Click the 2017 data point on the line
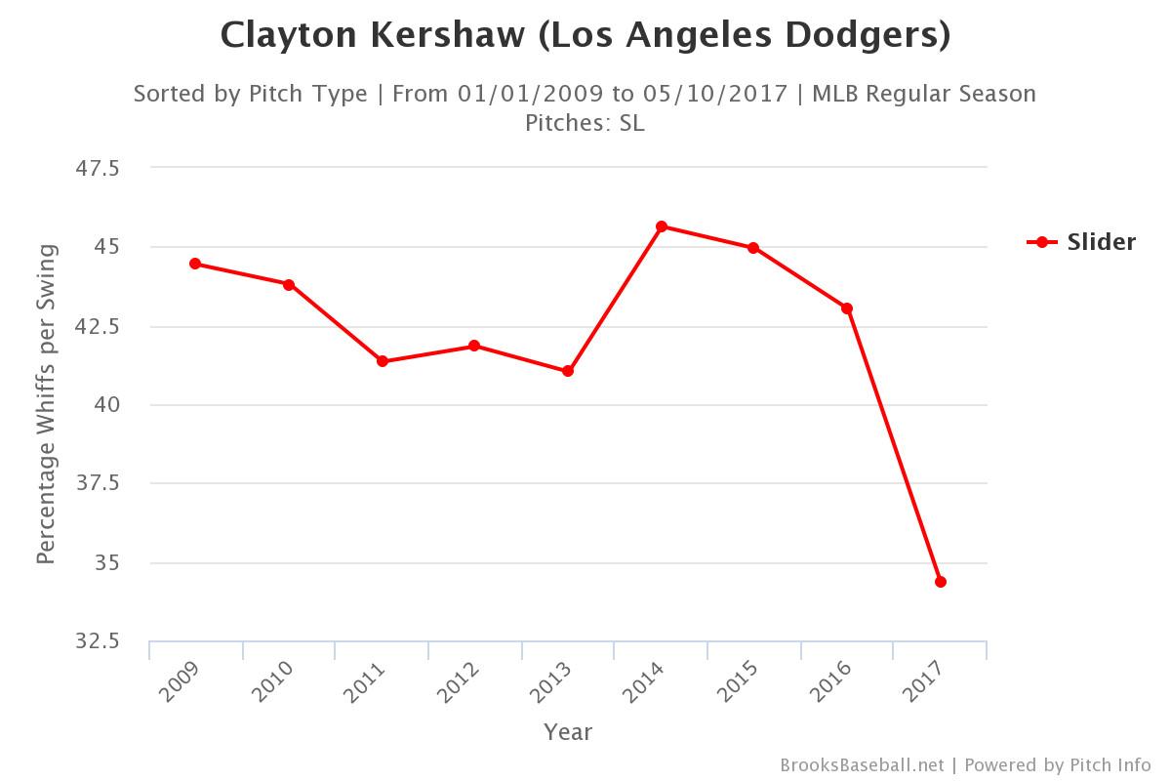[x=941, y=582]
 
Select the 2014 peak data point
[x=662, y=226]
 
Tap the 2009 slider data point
[x=195, y=264]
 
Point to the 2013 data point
[x=568, y=371]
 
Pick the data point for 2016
[x=847, y=308]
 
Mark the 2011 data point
[x=383, y=361]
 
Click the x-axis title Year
[x=568, y=732]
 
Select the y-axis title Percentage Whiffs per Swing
[x=46, y=404]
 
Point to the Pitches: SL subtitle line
[x=585, y=123]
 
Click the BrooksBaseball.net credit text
[x=862, y=764]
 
